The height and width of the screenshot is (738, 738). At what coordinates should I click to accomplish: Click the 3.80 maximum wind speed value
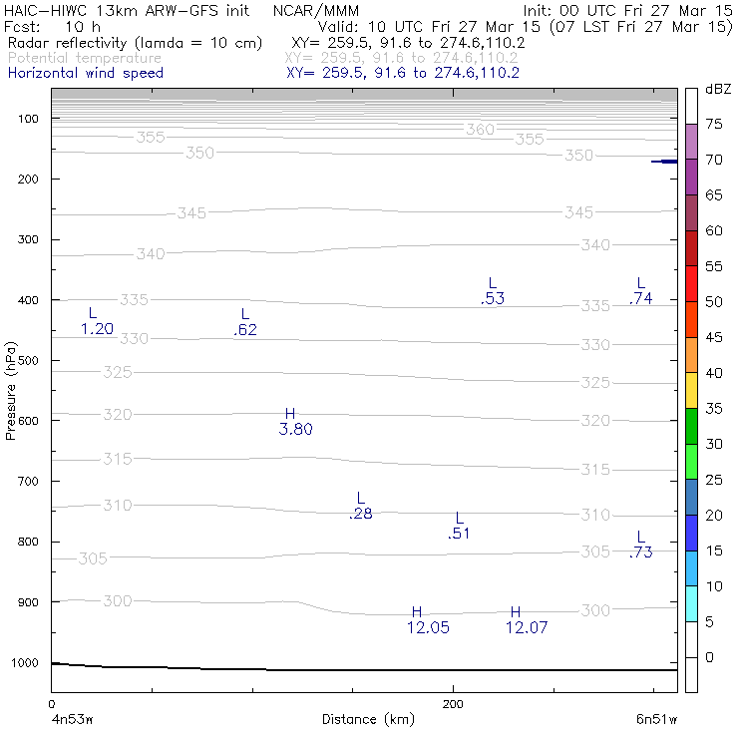tap(296, 430)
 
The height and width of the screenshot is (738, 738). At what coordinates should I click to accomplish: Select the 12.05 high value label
tap(428, 627)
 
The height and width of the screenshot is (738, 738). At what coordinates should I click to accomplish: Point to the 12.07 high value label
tap(527, 627)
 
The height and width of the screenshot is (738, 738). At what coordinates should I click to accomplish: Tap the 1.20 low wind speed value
tap(97, 329)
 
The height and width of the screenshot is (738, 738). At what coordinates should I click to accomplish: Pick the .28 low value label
tap(360, 515)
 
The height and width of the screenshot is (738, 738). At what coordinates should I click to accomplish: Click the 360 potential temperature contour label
tap(481, 130)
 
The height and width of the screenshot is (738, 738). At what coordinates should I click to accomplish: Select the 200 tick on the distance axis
tap(453, 704)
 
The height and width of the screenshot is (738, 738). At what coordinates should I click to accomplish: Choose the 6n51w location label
tap(659, 719)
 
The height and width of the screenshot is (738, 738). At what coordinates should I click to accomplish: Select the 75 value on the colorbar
tap(715, 125)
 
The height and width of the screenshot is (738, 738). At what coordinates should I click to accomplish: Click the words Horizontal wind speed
tap(85, 73)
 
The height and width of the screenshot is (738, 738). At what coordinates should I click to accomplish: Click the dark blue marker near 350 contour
tap(665, 162)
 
